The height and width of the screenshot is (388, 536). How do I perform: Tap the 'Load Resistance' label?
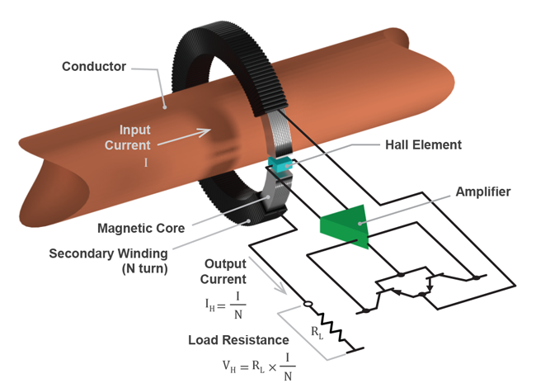237,339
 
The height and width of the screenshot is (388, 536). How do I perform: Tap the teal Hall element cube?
281,165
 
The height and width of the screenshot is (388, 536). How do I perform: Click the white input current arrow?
181,136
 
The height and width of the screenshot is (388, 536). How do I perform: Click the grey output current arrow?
272,280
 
